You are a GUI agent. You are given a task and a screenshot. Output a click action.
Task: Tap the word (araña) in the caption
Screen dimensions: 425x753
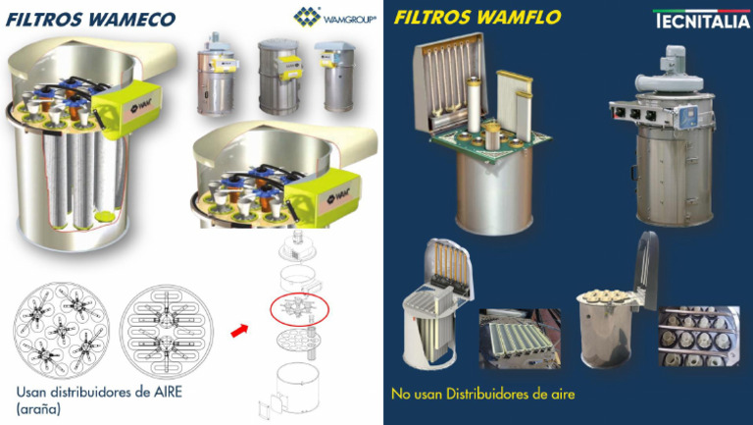coord(38,407)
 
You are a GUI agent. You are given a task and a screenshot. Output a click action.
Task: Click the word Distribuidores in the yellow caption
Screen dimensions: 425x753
coord(480,395)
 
